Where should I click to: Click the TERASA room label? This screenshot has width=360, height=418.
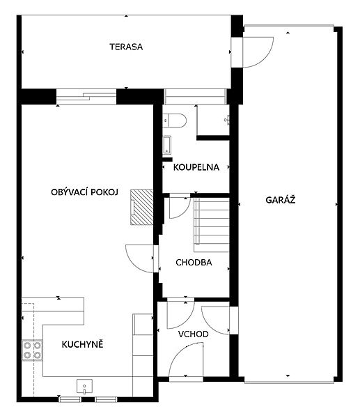click(126, 47)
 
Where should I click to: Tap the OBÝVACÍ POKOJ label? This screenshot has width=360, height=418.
click(84, 192)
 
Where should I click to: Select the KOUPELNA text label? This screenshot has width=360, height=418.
click(196, 167)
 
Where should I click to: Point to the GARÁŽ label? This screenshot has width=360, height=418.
click(281, 200)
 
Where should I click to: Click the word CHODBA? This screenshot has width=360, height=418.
click(194, 263)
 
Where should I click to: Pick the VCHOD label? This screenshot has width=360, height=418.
click(193, 334)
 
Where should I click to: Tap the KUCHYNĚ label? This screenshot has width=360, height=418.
click(82, 344)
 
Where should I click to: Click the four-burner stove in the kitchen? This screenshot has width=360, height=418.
click(32, 350)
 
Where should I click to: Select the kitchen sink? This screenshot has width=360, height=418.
click(84, 386)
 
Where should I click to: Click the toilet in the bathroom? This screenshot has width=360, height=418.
click(175, 121)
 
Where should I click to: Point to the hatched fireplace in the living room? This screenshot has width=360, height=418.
click(142, 207)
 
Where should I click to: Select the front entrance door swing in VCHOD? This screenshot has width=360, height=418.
click(186, 360)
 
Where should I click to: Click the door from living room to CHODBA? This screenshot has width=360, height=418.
click(140, 258)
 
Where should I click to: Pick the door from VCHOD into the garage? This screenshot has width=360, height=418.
click(215, 320)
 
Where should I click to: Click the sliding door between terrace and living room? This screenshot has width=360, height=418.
click(86, 97)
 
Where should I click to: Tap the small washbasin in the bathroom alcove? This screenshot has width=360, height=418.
click(227, 120)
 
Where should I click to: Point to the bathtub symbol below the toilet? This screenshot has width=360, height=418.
click(167, 145)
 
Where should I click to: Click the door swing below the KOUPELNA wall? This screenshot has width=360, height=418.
click(180, 208)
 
